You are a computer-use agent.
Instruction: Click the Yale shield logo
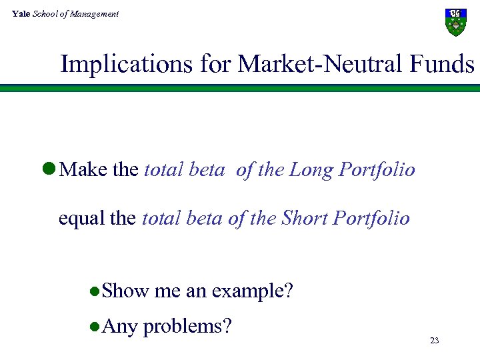click(x=455, y=22)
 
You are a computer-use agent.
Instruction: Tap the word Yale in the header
click(x=21, y=13)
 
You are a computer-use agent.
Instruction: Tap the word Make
click(x=84, y=170)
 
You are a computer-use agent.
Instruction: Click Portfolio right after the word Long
click(x=377, y=171)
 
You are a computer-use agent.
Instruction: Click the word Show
click(x=126, y=291)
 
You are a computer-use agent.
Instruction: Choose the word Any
click(x=121, y=327)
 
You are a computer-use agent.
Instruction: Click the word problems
click(x=187, y=327)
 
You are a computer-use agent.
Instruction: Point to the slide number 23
click(x=435, y=341)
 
